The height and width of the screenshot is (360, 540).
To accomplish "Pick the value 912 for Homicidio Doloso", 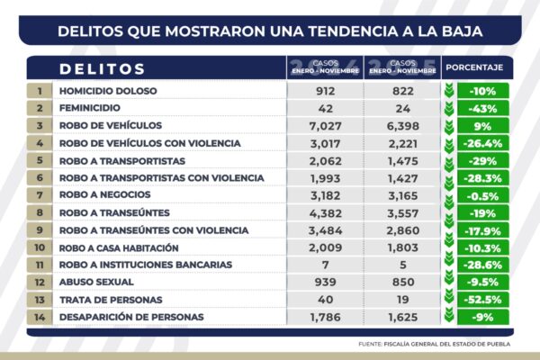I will (325, 91).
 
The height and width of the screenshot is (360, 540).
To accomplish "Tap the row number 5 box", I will (40, 159).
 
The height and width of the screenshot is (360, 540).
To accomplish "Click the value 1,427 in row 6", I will (402, 177).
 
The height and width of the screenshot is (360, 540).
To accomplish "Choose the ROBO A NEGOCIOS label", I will (105, 194).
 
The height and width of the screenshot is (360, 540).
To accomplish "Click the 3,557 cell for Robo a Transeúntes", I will (402, 212).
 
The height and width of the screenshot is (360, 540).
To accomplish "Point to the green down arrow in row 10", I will (449, 247).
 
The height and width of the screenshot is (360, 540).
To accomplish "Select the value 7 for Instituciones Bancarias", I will (325, 265).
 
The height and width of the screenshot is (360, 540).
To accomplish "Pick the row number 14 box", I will (40, 317).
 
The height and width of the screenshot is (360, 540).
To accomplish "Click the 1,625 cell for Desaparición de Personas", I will (402, 317).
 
